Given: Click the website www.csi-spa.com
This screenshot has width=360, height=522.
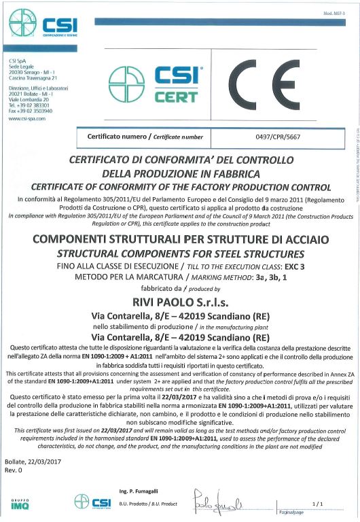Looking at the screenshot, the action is point(27,118).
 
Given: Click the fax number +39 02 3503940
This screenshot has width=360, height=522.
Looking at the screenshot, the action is point(35,110).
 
